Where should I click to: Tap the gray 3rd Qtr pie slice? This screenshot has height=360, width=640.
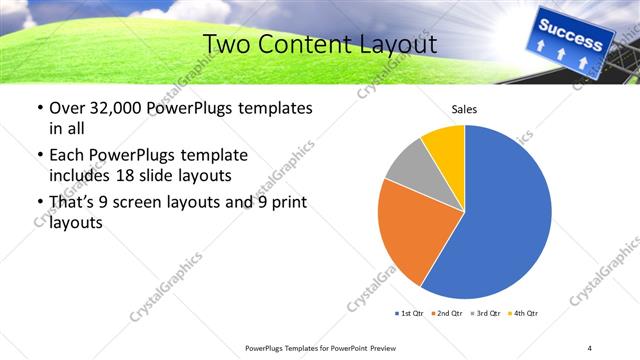pos(408,169)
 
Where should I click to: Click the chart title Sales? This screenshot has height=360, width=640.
pos(465,109)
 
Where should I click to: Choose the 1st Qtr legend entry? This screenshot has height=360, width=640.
pos(411,314)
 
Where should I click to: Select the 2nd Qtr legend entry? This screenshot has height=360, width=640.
pos(447,314)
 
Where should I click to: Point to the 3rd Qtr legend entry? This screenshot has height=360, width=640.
pos(483,314)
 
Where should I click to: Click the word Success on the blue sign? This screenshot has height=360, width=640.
pos(571,32)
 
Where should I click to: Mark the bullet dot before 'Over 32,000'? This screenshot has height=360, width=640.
pos(39,108)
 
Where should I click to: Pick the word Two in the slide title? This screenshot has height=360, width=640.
pos(226,44)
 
